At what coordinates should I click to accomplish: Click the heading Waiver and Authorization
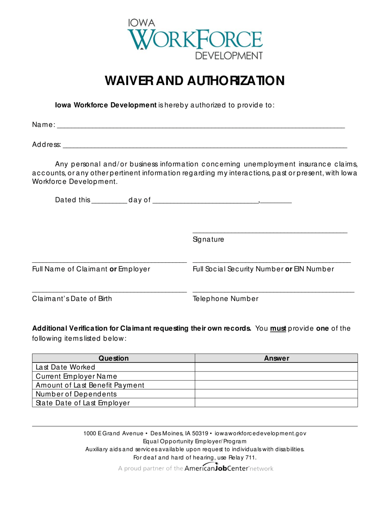point(195,80)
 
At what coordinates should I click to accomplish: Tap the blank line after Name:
point(200,126)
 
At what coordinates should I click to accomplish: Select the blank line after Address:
point(204,146)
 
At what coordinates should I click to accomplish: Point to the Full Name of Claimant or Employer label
point(91,269)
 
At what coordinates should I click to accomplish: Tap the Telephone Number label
point(226,299)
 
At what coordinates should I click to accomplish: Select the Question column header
point(113,358)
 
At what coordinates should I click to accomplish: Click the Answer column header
point(276,358)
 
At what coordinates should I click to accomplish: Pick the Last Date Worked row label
point(66,367)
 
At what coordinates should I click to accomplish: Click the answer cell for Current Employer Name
point(276,376)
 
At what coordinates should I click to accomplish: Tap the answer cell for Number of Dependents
point(276,394)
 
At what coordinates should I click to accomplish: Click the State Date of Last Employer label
point(83,403)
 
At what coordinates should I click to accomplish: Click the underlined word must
point(278,328)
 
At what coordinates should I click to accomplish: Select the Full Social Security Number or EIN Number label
point(263,269)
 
